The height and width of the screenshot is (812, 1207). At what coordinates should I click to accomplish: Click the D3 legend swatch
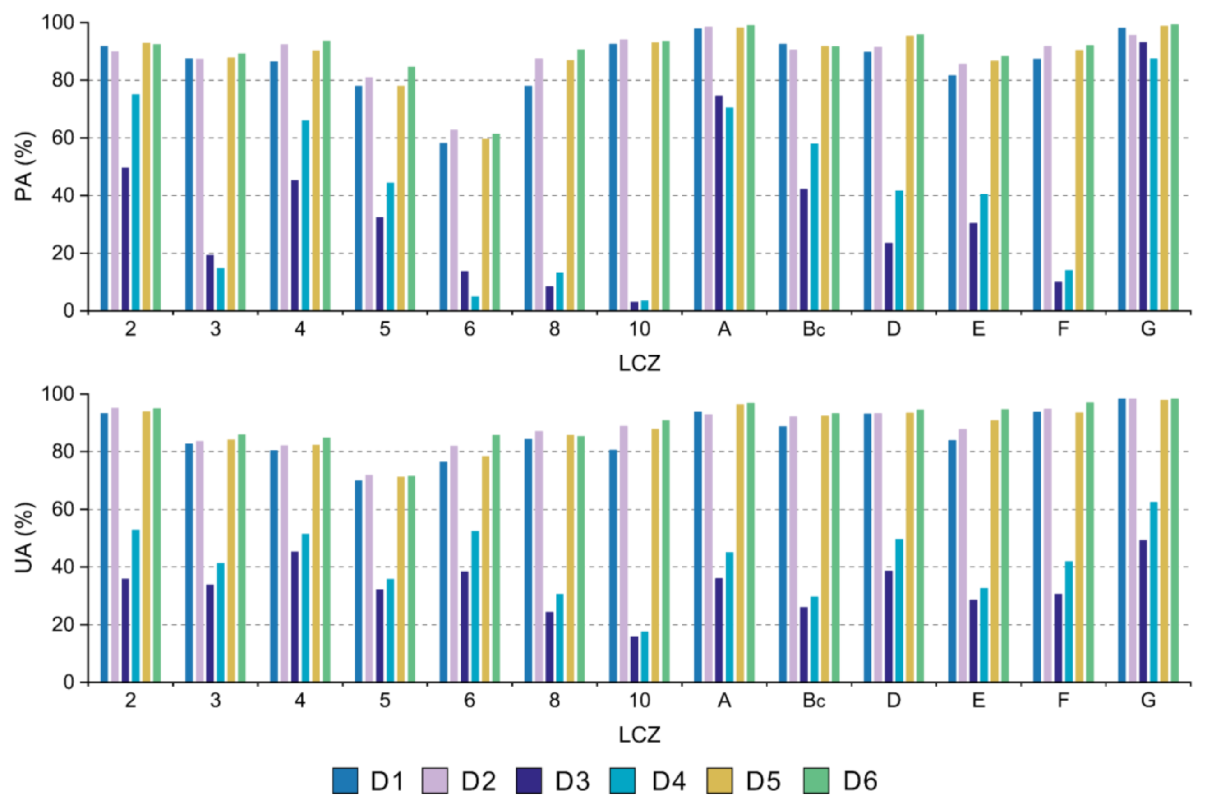coord(529,781)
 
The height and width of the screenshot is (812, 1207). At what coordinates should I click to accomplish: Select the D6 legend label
coord(860,781)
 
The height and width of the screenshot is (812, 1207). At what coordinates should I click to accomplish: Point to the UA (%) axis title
coord(24,538)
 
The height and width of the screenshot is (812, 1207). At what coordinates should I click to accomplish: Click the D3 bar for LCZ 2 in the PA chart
coord(125,239)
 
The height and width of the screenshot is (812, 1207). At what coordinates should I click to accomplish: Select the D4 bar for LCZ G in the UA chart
coord(1154,592)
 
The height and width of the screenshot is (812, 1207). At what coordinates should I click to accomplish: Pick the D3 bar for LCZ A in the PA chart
coord(719,203)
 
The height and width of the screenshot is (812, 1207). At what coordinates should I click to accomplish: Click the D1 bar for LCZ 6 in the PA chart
coord(443,227)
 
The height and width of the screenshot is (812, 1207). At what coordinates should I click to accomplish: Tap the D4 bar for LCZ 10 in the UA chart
coord(645,657)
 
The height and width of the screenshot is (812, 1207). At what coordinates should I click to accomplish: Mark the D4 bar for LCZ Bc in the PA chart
coord(815,227)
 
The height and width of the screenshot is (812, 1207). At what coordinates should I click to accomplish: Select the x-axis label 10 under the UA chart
coord(640,701)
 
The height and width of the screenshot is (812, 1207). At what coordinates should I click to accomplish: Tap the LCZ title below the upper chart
coord(640,364)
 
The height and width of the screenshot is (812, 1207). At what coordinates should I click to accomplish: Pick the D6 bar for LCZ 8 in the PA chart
coord(581,180)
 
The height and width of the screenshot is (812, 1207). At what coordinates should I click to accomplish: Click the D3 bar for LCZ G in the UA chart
coord(1143,611)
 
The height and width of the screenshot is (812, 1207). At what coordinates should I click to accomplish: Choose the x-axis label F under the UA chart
coord(1063,701)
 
